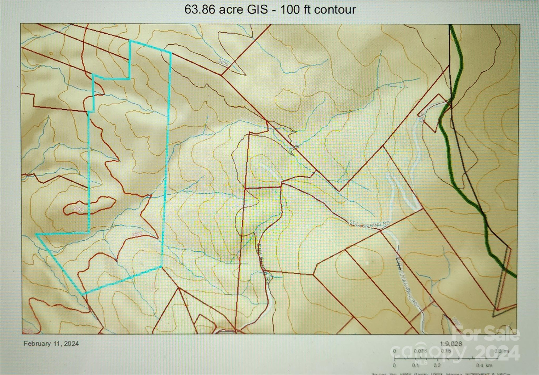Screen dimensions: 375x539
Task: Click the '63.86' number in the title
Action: click(x=200, y=10)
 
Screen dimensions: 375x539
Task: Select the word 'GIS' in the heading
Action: click(x=257, y=10)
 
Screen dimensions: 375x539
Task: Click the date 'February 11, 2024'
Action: click(x=51, y=344)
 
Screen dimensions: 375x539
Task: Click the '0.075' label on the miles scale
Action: click(x=420, y=351)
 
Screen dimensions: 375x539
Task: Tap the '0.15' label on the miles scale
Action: click(x=446, y=351)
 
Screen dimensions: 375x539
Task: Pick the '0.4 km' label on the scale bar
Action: click(x=484, y=365)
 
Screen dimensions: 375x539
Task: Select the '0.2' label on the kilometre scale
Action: click(x=437, y=365)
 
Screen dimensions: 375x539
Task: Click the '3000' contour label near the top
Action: click(x=223, y=63)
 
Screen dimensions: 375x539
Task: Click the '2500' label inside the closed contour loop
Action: click(x=78, y=209)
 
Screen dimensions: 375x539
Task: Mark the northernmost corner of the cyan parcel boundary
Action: click(x=131, y=41)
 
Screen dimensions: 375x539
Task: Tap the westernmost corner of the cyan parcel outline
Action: click(x=36, y=234)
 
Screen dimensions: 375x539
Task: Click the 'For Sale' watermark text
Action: click(x=486, y=334)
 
